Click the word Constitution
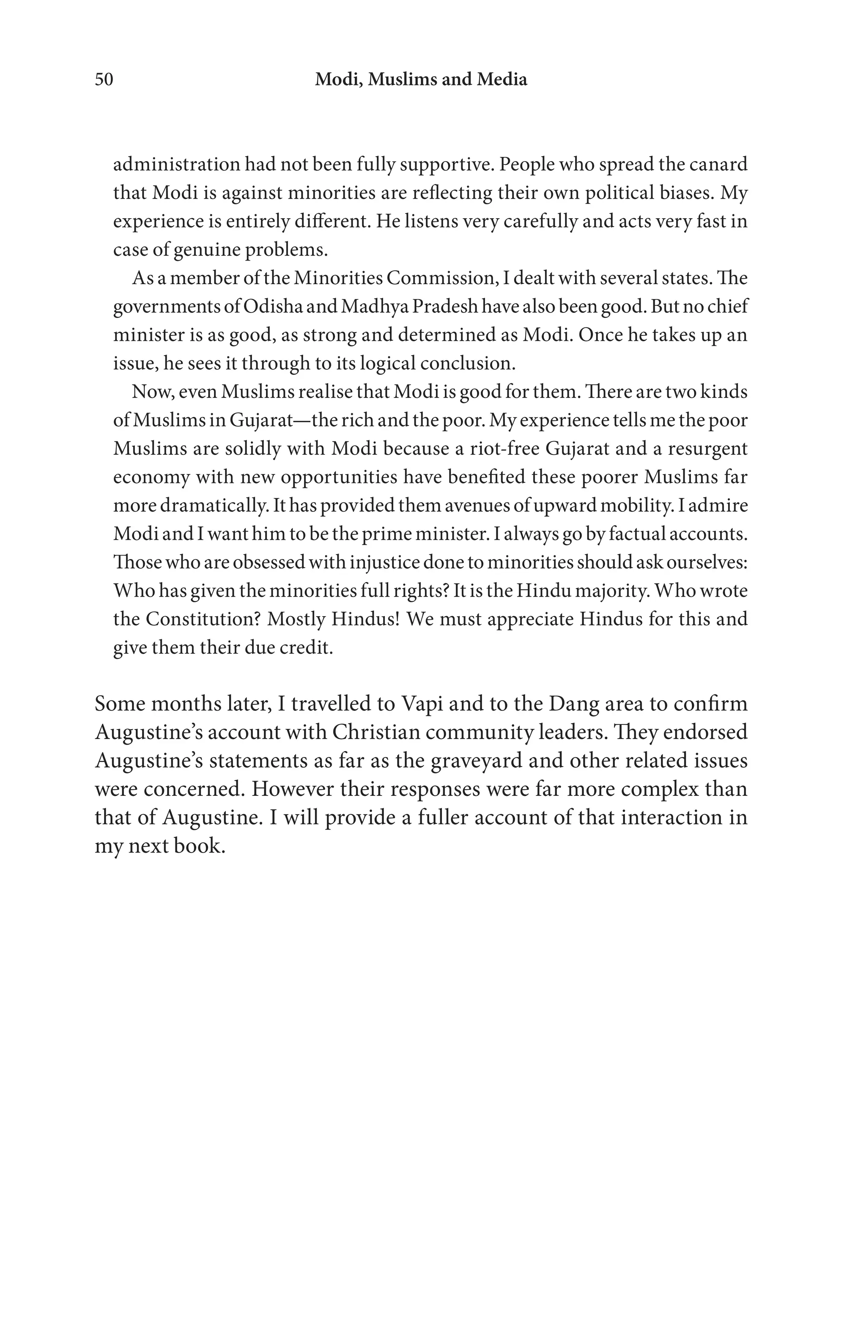click(x=202, y=619)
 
